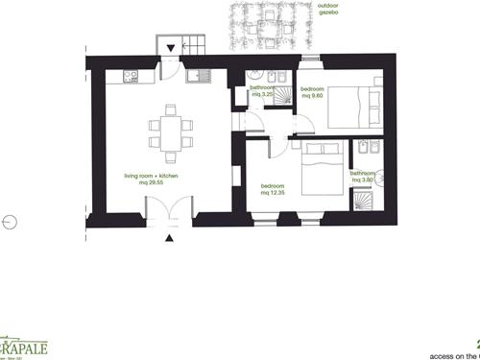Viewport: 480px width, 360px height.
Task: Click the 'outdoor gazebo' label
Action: (333, 12)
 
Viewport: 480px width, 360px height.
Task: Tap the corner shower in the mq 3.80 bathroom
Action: (363, 200)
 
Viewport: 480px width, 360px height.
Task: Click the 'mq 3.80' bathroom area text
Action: (361, 180)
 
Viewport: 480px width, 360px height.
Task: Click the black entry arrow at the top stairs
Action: (171, 47)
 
